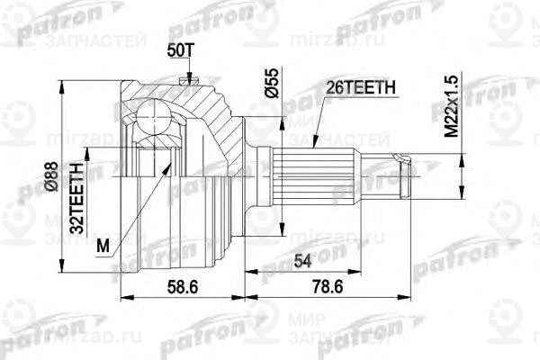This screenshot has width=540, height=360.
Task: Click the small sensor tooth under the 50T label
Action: (186, 84)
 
